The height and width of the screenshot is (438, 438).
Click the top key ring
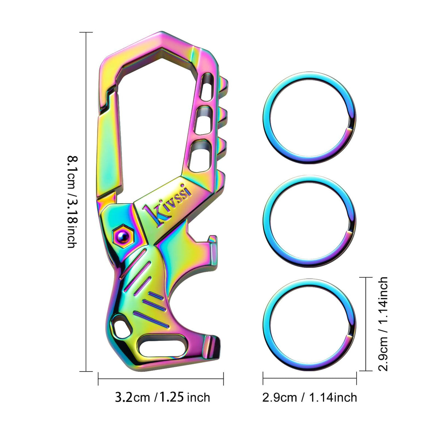[x=310, y=118]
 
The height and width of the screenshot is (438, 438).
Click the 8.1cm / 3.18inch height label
[x=72, y=201]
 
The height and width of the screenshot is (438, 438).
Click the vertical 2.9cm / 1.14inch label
[x=383, y=324]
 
